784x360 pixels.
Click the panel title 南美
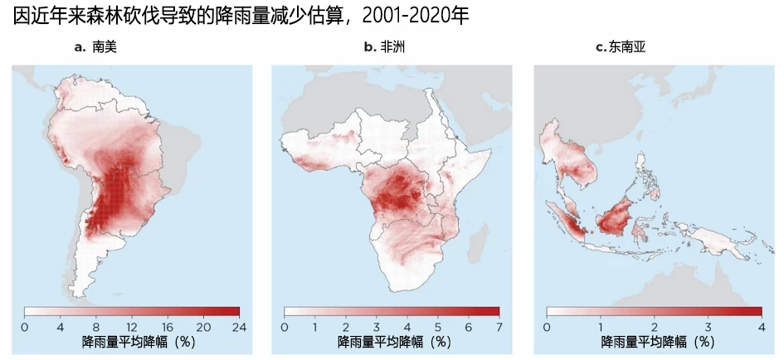pyautogui.click(x=105, y=47)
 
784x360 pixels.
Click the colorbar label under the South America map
pyautogui.click(x=133, y=342)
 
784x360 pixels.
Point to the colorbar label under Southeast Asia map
pyautogui.click(x=655, y=342)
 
